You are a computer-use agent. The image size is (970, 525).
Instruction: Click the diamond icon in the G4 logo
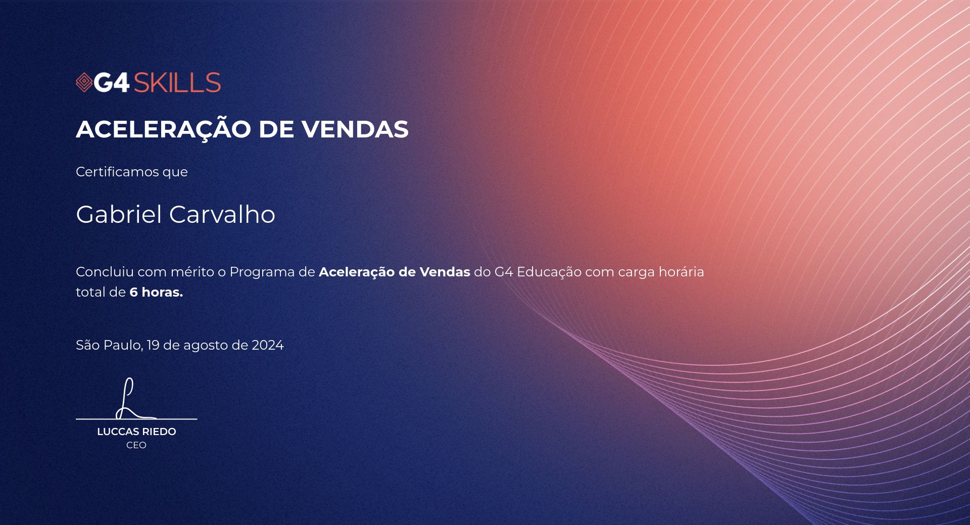[x=84, y=83]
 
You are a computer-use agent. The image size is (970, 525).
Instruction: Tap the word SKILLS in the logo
[x=177, y=83]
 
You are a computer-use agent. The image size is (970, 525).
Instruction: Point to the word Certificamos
[x=117, y=172]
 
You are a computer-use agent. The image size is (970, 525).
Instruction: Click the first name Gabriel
[x=119, y=214]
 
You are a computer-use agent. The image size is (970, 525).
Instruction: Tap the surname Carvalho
[x=222, y=214]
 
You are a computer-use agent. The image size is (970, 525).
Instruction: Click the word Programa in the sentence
[x=262, y=272]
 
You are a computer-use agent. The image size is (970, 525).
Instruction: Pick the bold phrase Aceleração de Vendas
[x=395, y=272]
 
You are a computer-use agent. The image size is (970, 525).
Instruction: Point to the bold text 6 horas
[x=156, y=292]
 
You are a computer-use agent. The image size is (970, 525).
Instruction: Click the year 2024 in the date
[x=268, y=345]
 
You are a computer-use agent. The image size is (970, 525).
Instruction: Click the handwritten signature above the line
[x=132, y=399]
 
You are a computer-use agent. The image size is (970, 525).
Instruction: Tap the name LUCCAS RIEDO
[x=136, y=432]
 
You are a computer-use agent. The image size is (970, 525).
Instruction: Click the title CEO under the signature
[x=136, y=445]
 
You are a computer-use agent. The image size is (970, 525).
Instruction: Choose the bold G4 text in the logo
[x=112, y=83]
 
